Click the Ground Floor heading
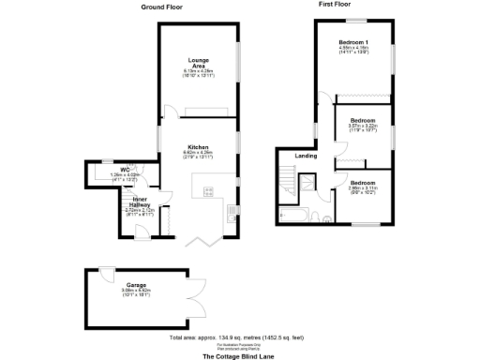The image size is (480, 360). (x=161, y=7)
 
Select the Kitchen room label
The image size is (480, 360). (x=198, y=147)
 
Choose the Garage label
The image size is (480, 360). (x=137, y=286)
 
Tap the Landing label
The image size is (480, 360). (x=306, y=156)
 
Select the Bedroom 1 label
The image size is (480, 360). (x=353, y=41)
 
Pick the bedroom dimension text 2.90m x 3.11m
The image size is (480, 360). (x=363, y=187)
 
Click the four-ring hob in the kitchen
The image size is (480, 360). (x=209, y=192)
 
